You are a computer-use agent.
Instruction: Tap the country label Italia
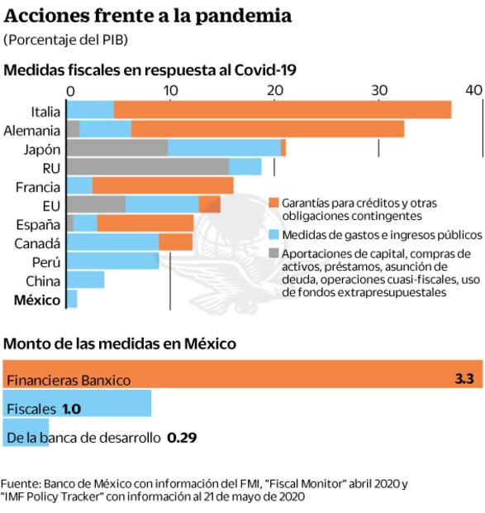tap(45, 111)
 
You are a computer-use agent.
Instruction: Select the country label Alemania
tap(32, 130)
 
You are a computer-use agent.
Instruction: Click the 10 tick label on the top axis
tap(169, 89)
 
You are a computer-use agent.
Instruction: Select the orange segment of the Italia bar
tap(281, 110)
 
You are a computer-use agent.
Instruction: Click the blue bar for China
tap(85, 280)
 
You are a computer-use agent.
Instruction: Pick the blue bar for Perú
tap(112, 261)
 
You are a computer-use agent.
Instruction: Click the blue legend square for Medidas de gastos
tap(274, 234)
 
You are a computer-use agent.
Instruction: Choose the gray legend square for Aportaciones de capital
tap(274, 253)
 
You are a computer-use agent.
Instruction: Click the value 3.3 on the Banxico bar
tap(464, 380)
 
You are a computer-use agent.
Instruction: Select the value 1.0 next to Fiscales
tap(71, 409)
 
